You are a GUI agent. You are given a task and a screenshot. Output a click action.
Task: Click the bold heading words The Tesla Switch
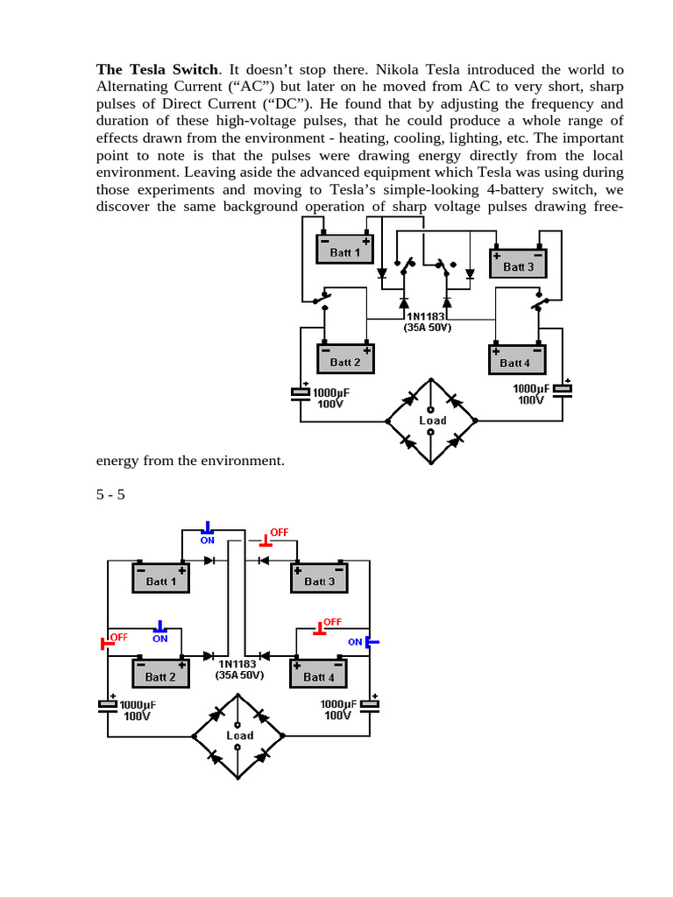click(x=155, y=69)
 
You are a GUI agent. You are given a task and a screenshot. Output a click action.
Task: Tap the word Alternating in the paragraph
click(x=134, y=87)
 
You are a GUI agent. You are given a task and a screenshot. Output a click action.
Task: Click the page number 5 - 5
click(x=110, y=495)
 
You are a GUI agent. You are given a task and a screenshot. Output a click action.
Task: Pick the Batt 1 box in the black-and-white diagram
click(x=344, y=251)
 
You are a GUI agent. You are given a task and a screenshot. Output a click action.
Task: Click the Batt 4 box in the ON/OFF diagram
click(x=318, y=676)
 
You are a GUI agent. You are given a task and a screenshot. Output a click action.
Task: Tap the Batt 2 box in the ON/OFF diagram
click(x=160, y=676)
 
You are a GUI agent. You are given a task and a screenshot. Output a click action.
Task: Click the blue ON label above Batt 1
click(x=208, y=540)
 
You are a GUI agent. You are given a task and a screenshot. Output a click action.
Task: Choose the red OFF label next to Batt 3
click(x=279, y=533)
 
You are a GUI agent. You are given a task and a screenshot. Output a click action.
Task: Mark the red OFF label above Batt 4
click(x=332, y=622)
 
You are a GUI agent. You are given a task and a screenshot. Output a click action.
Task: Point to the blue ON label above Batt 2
click(x=159, y=639)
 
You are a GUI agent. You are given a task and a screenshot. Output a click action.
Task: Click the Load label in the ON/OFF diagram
click(x=239, y=735)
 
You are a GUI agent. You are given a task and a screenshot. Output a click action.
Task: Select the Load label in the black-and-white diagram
click(x=432, y=420)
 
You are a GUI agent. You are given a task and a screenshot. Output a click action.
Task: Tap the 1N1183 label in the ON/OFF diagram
click(x=239, y=664)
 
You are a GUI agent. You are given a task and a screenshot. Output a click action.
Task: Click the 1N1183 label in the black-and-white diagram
click(x=427, y=316)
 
